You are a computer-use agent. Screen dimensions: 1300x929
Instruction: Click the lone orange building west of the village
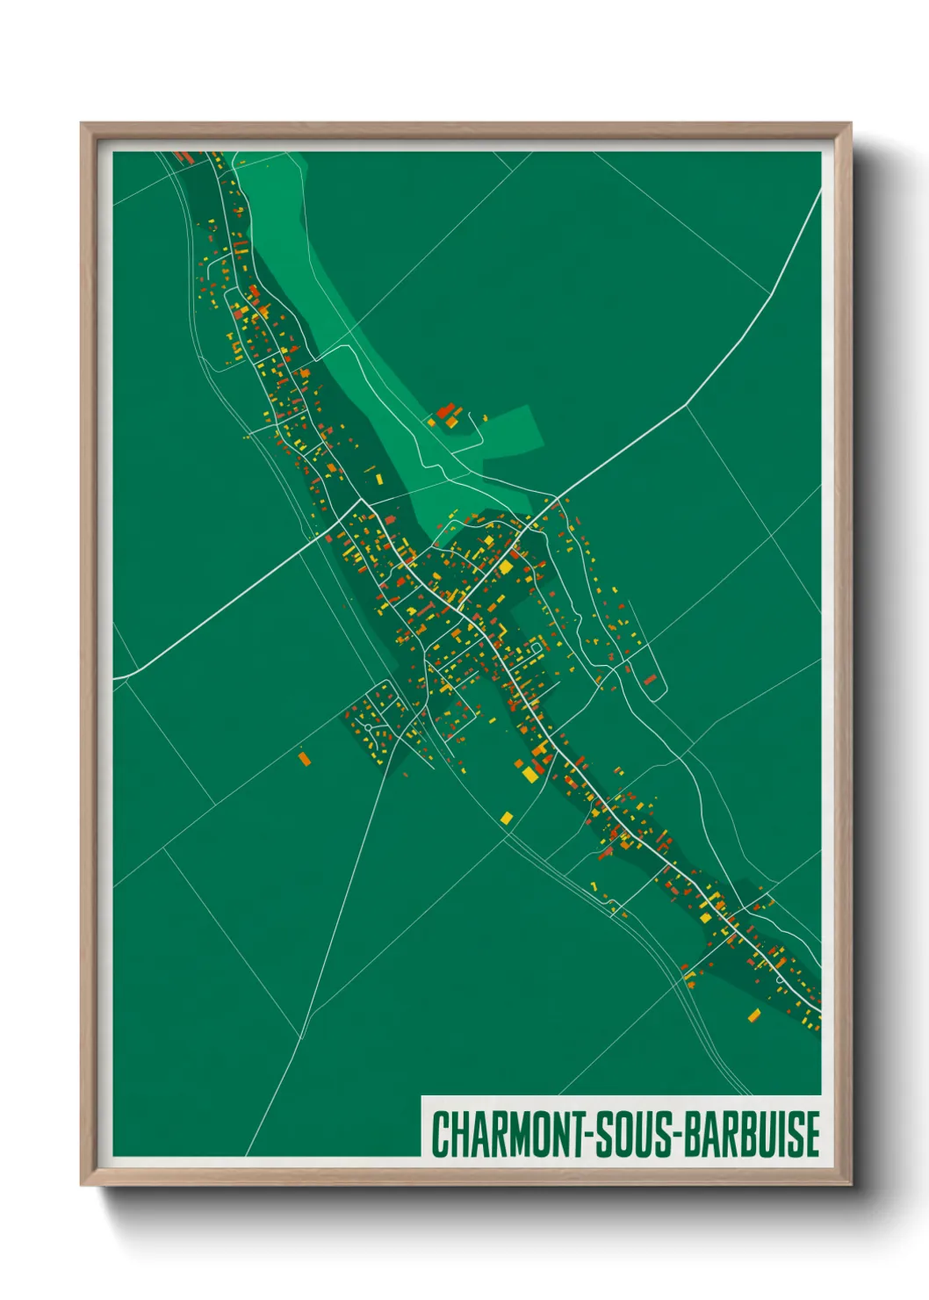304,757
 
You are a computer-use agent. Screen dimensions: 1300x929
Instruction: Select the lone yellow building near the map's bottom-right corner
753,1016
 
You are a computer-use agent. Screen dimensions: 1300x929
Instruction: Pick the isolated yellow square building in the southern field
506,818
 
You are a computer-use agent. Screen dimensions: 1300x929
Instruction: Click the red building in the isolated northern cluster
445,410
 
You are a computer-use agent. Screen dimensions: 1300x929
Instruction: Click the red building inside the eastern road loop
650,679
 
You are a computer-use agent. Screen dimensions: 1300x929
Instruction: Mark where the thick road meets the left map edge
115,679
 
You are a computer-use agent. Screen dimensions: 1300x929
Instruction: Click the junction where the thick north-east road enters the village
555,501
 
